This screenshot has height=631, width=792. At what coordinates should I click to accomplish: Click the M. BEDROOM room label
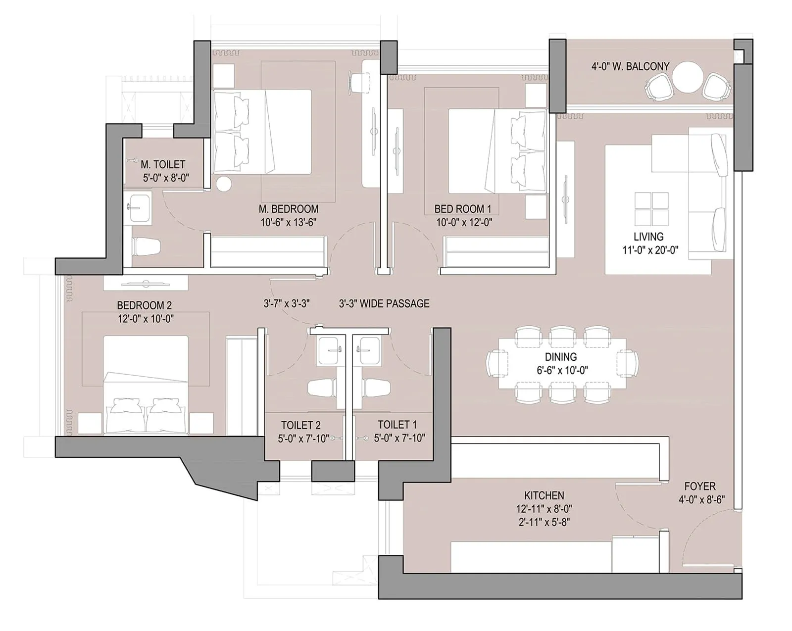click(x=288, y=209)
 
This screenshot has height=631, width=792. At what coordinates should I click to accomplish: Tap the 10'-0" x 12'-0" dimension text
click(x=464, y=223)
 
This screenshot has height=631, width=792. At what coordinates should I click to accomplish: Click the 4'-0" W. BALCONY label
click(x=630, y=66)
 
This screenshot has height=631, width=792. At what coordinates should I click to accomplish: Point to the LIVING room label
click(x=648, y=237)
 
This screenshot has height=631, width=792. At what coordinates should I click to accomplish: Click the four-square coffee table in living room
click(x=651, y=208)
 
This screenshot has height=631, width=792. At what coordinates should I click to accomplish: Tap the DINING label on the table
click(x=561, y=357)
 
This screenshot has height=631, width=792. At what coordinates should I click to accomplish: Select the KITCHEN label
click(x=544, y=495)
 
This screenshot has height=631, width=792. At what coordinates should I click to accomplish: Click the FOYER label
click(x=700, y=486)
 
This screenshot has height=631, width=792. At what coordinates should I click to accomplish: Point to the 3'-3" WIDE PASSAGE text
click(x=384, y=303)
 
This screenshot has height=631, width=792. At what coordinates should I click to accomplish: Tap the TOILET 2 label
click(x=300, y=425)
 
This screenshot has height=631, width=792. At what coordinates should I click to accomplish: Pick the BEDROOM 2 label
click(x=144, y=305)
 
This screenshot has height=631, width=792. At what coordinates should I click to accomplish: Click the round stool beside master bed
click(x=223, y=184)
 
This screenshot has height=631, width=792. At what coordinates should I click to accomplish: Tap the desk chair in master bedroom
click(x=360, y=81)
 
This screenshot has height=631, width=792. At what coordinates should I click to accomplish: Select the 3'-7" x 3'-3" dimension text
click(x=287, y=303)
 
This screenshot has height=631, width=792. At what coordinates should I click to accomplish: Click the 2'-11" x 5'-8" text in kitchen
click(x=544, y=522)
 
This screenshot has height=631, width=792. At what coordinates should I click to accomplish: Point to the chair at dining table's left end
click(x=497, y=364)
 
